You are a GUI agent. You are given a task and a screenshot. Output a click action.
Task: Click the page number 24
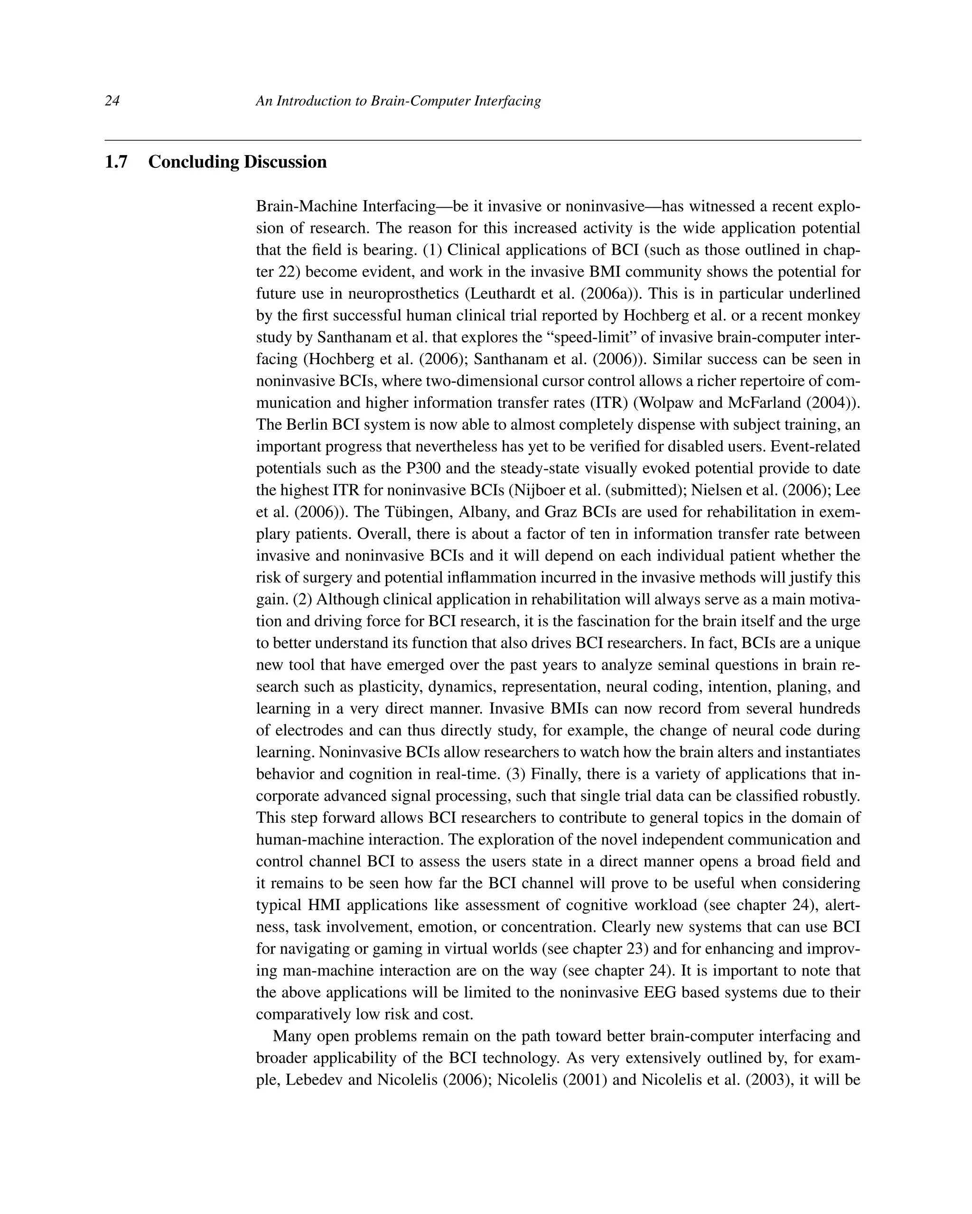[112, 101]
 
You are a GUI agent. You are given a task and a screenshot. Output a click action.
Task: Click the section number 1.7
[116, 162]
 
